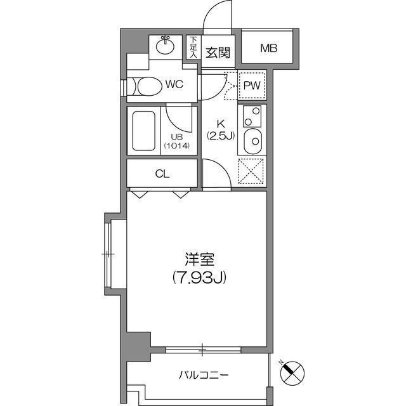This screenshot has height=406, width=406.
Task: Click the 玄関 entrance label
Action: click(x=218, y=53)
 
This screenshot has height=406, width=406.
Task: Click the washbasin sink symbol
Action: click(x=166, y=45)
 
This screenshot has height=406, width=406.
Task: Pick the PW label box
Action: click(x=252, y=85)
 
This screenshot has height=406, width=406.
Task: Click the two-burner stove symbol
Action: click(x=252, y=116)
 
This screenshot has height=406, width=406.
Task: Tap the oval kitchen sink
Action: click(x=252, y=140)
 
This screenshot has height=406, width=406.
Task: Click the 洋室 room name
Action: click(x=200, y=259)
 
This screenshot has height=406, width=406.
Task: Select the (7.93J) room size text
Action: click(x=200, y=277)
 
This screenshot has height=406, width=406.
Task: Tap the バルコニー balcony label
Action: click(x=203, y=375)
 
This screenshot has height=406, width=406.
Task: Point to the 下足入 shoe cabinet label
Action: click(x=193, y=48)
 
